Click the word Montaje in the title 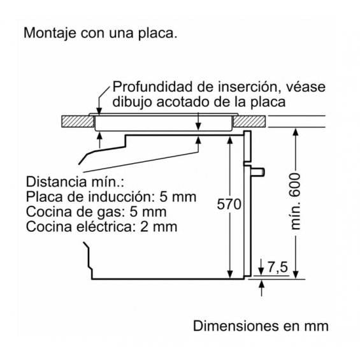(x=50, y=33)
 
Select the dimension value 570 (x=229, y=204)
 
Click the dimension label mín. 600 (x=295, y=201)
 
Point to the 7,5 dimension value (x=278, y=267)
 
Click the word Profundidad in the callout (x=152, y=87)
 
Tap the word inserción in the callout (x=250, y=87)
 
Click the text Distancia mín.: (x=75, y=182)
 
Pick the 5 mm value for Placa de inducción (x=178, y=197)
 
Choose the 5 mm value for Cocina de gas (x=148, y=212)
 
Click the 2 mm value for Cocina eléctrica (x=159, y=227)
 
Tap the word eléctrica (x=106, y=227)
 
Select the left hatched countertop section (x=78, y=122)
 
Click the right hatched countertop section (x=249, y=122)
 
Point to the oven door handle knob (x=257, y=172)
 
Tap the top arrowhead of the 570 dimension (x=230, y=140)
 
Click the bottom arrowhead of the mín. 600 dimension (x=296, y=275)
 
